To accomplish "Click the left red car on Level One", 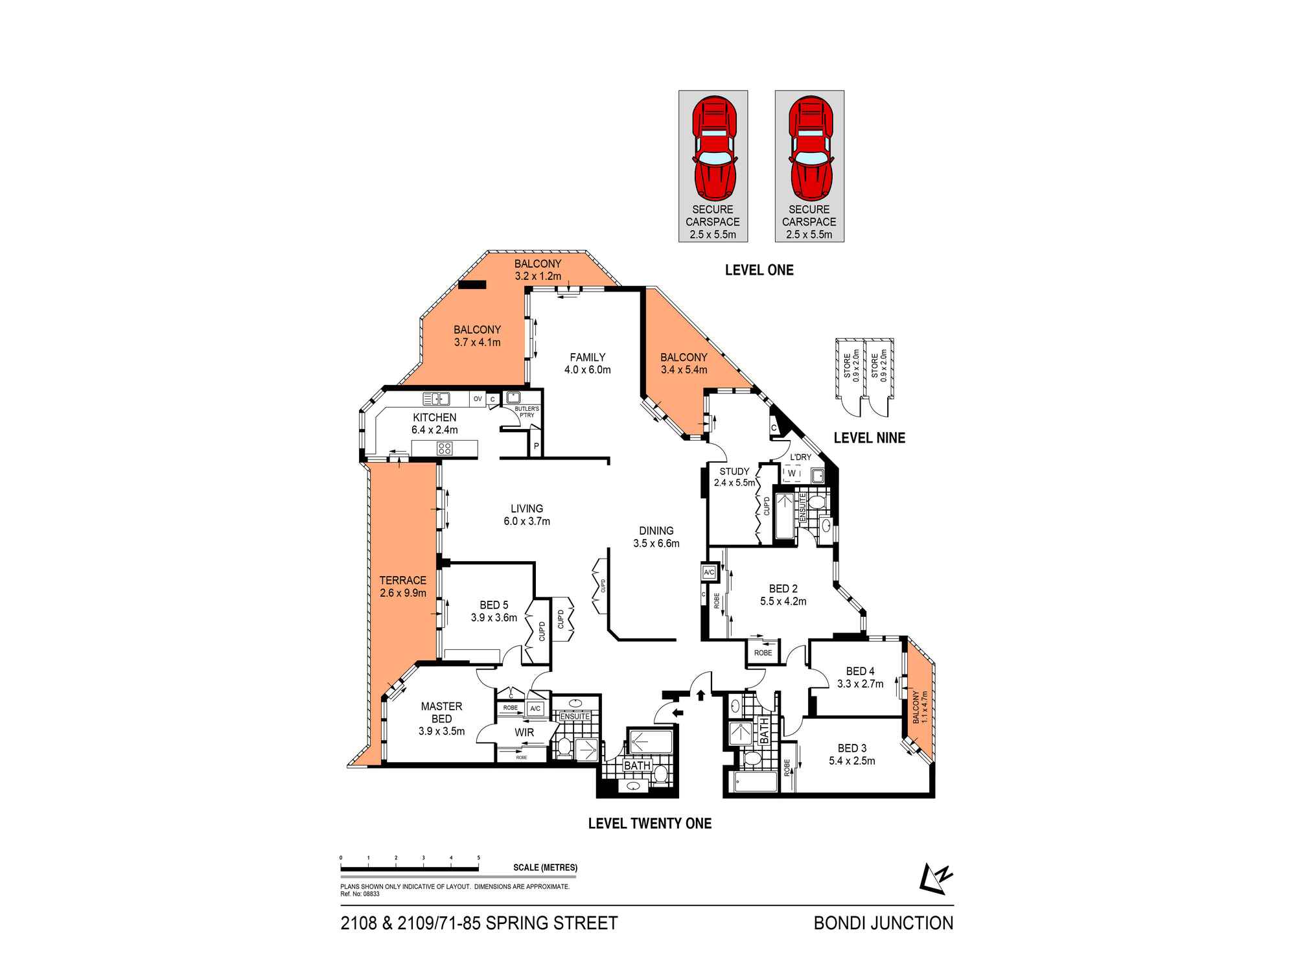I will [713, 149].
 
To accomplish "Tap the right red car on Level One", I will [809, 149].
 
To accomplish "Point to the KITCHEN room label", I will [435, 418].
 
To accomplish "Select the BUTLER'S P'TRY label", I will [526, 412].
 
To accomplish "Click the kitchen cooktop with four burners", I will [445, 448].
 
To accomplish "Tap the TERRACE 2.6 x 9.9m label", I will [402, 586].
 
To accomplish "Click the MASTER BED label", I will [441, 713].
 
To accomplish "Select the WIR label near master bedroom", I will [524, 732].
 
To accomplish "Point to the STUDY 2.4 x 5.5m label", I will [734, 477].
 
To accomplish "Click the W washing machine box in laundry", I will [792, 474].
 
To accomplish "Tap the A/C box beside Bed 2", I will [709, 572].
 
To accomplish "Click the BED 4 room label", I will [860, 671].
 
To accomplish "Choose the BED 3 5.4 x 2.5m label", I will [851, 754].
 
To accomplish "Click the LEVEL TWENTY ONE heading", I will [649, 824].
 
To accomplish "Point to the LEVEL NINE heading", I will [869, 438].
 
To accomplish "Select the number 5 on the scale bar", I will [478, 857].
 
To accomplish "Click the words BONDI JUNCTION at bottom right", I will [883, 923].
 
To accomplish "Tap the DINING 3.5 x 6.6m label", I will [656, 537].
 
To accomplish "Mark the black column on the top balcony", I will [472, 284].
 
